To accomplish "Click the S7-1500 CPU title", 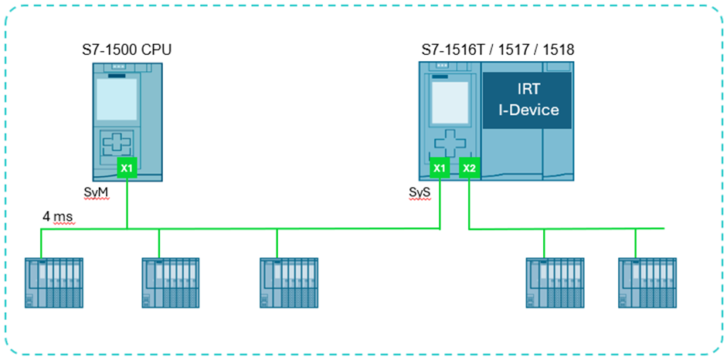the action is pos(127,49).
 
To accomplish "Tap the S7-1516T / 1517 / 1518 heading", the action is pos(498,49).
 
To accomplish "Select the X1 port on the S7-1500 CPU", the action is pos(127,168).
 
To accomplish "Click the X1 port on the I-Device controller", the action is pos(440,168).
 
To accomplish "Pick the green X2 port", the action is pos(469,168).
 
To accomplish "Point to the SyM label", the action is pos(97,191).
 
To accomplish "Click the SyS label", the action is pos(420,191).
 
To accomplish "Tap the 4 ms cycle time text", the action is pos(59,216).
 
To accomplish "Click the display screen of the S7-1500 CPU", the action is pos(117,99).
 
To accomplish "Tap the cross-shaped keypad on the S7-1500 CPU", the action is pos(117,145).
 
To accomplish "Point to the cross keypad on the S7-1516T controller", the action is pos(447,144).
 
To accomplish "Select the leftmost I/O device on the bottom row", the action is pos(54,283).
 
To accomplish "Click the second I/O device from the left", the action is pos(171,283).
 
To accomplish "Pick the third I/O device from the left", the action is pos(289,283).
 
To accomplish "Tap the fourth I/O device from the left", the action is pos(555,283).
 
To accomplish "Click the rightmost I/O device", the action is pos(647,283).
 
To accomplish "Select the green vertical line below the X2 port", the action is pos(469,203).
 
